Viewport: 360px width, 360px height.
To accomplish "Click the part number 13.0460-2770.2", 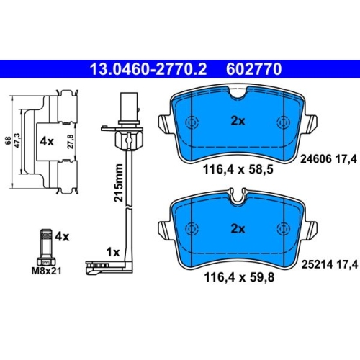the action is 148,69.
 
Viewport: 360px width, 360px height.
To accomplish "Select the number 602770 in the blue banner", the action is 253,69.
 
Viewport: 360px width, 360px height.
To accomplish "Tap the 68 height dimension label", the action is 8,140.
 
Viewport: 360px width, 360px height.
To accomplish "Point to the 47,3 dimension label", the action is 18,140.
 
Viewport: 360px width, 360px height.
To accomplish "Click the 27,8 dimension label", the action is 71,142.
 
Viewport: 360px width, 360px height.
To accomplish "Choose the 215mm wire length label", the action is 119,183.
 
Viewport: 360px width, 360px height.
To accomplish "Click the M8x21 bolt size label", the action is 46,271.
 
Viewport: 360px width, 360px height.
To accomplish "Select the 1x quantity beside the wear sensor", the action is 113,252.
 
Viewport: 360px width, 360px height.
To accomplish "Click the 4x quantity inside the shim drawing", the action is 47,142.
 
